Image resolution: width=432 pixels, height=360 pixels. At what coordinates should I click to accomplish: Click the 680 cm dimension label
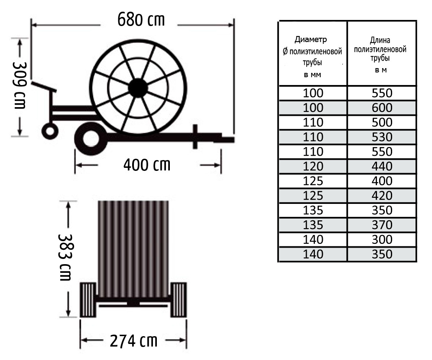click(141, 20)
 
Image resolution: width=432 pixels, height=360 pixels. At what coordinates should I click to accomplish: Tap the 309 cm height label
click(19, 85)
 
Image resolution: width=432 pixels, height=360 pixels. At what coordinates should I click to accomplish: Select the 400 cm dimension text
click(147, 165)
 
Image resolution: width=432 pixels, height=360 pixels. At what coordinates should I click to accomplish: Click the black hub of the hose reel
click(138, 88)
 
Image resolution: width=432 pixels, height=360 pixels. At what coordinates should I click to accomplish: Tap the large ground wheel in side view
click(91, 139)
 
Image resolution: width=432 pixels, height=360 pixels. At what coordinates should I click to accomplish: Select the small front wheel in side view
click(50, 131)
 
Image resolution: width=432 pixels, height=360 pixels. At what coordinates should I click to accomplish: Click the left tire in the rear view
click(88, 300)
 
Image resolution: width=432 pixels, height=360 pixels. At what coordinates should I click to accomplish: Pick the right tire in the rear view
click(179, 300)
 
